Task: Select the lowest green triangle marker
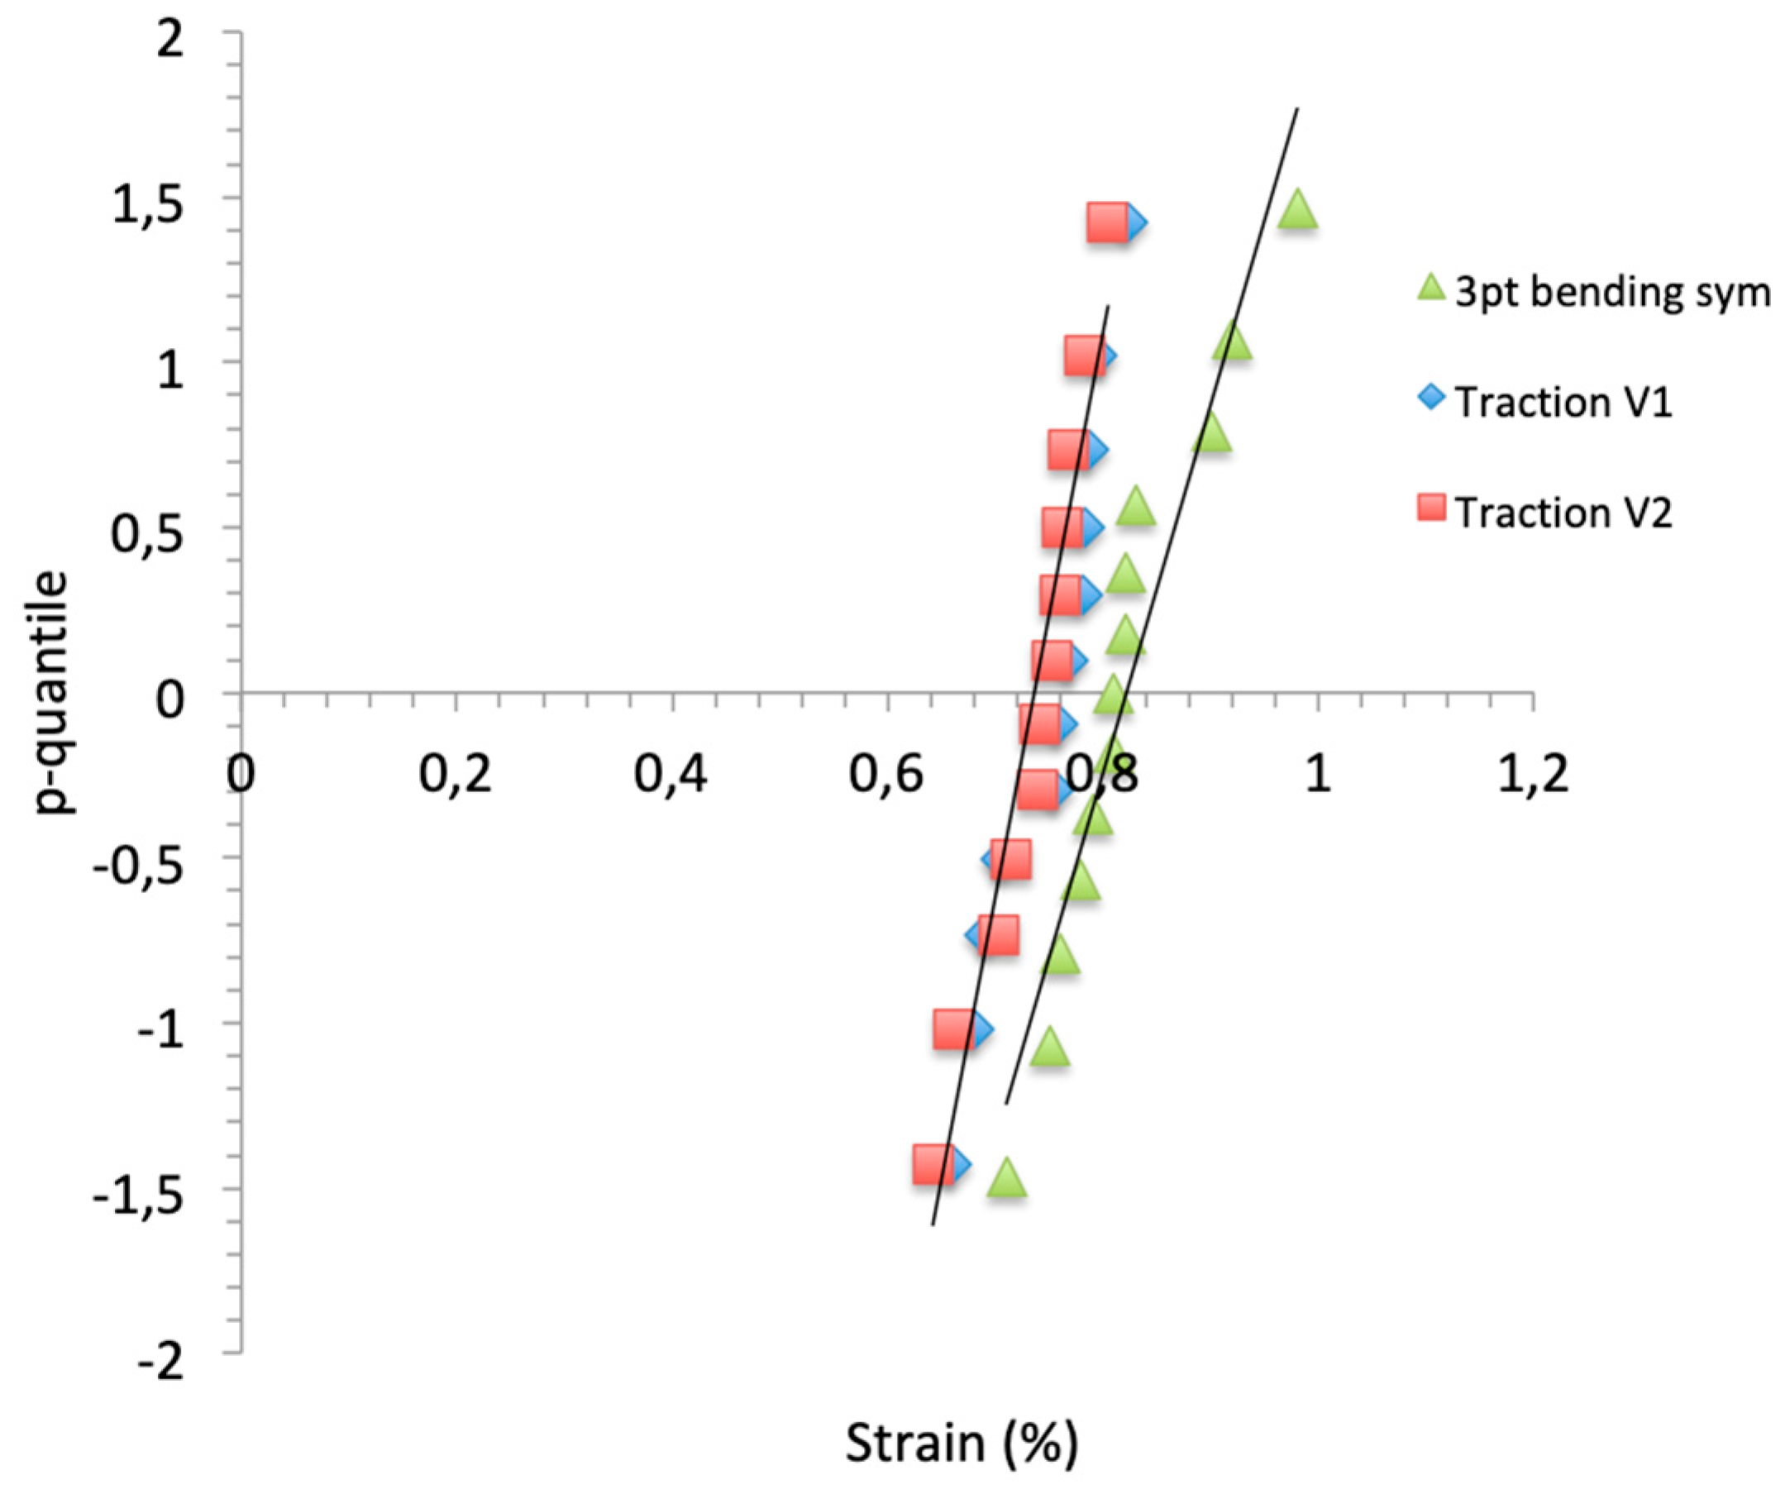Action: (1007, 1179)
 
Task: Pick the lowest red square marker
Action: (933, 1164)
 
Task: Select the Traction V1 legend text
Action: (1563, 403)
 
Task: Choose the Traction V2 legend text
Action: (1563, 513)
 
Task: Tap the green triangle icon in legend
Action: (1433, 287)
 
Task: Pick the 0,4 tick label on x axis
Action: (671, 775)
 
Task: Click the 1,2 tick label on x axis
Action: (1532, 775)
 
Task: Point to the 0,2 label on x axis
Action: (456, 775)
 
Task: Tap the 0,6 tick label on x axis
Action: (886, 775)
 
